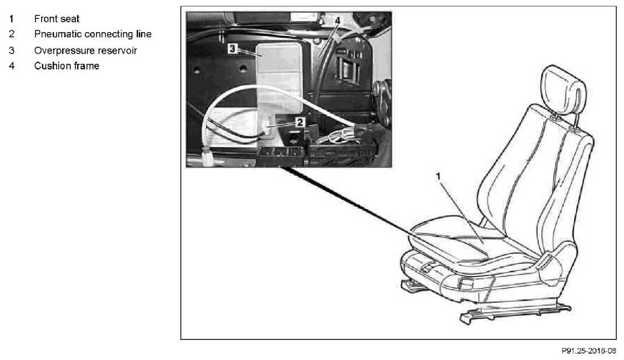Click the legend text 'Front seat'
coord(57,19)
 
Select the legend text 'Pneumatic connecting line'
coord(93,34)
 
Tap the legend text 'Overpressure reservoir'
coord(86,50)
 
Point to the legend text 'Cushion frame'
coord(67,66)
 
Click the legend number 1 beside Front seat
coord(11,19)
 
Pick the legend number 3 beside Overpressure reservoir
coord(11,50)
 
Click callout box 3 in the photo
coord(233,49)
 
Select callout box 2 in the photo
coord(300,122)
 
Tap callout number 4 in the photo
coord(338,21)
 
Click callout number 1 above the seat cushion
coord(438,176)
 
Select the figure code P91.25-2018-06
coord(589,351)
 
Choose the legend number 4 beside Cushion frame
coord(11,66)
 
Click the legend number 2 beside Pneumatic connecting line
coord(11,34)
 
